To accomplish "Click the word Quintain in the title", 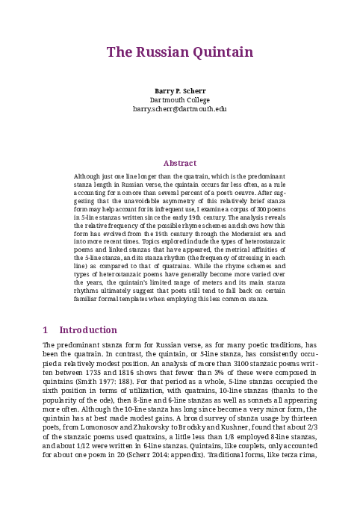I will coord(220,52).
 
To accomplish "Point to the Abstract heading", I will coord(179,163).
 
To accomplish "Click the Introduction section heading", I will coord(88,330).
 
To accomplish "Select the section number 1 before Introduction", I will coord(46,330).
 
